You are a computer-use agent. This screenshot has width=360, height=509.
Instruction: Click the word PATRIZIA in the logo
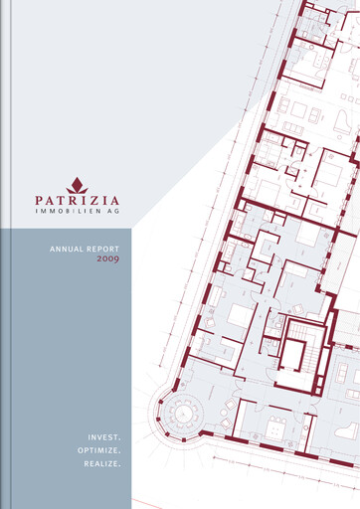pyautogui.click(x=77, y=199)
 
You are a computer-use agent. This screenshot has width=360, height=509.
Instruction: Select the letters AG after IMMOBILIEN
pyautogui.click(x=113, y=212)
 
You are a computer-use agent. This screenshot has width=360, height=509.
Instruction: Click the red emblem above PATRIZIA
pyautogui.click(x=77, y=185)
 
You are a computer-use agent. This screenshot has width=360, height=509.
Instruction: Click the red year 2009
pyautogui.click(x=108, y=259)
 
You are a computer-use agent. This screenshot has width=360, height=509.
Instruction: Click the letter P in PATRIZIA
pyautogui.click(x=39, y=199)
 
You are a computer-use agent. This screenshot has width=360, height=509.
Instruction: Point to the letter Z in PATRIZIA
pyautogui.click(x=94, y=199)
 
